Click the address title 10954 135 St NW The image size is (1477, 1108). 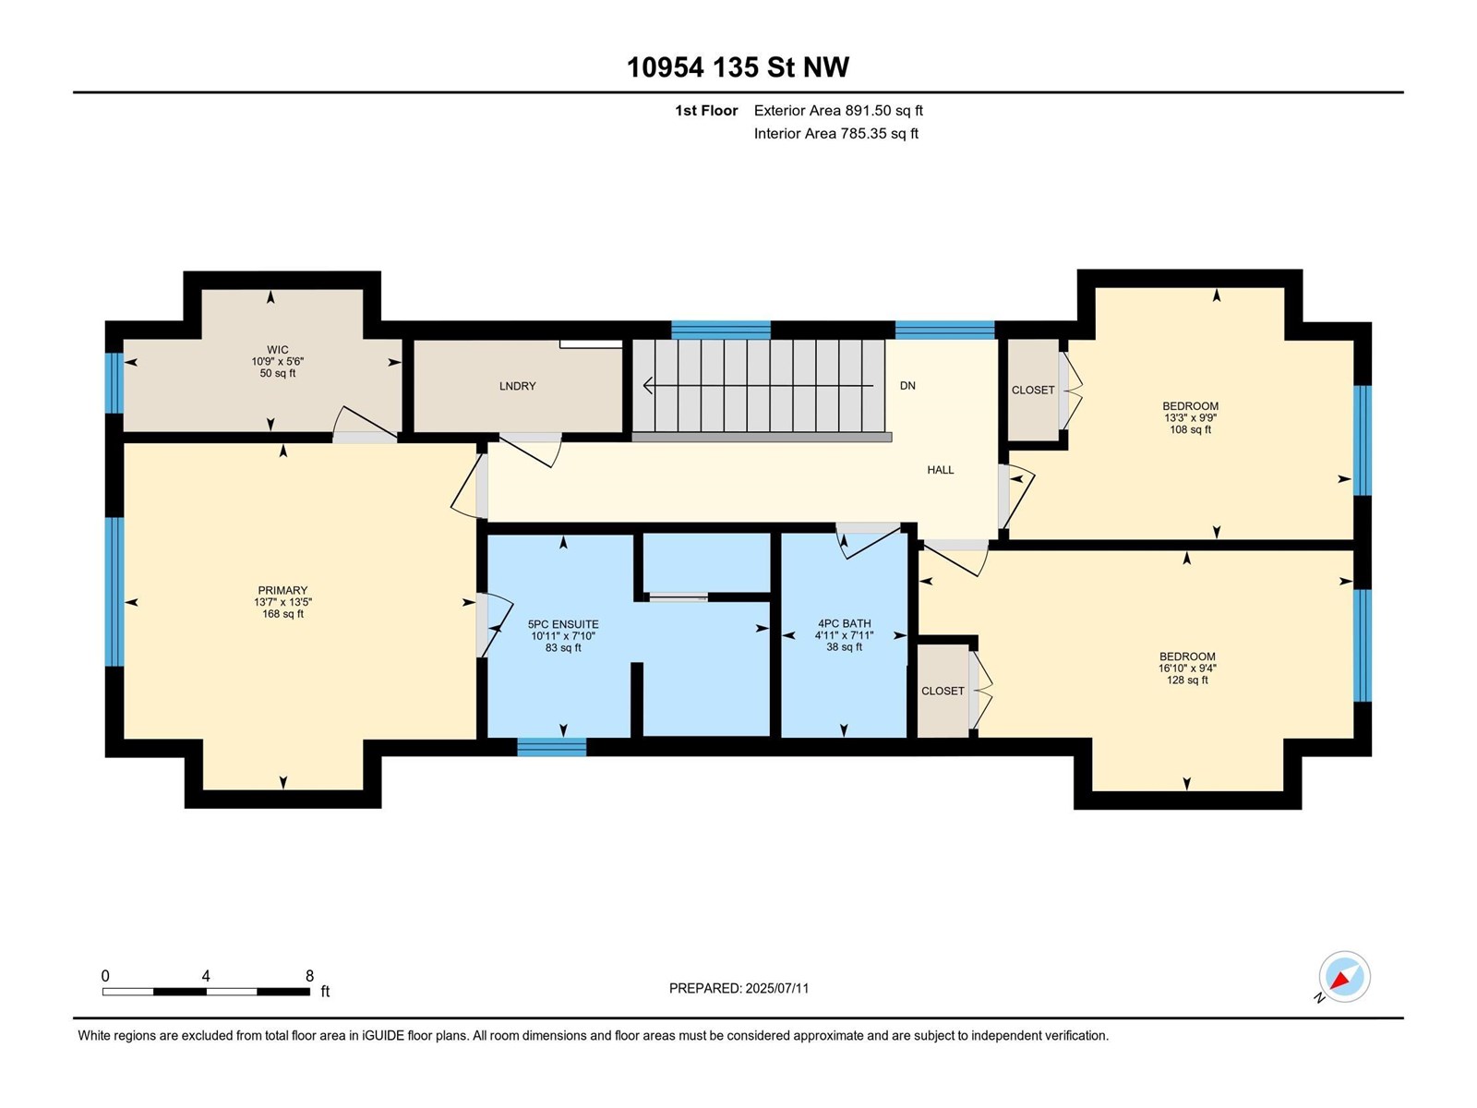coord(738,67)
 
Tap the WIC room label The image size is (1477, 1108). coord(277,350)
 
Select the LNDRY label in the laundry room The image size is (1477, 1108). coord(518,386)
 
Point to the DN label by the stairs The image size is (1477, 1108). coord(907,385)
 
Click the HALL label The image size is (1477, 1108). coord(940,470)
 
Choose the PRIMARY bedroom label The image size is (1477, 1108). coord(282,590)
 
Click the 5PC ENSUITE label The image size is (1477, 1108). coord(563,624)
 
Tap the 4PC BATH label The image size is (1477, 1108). coord(844,623)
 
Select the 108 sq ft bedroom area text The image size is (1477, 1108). coord(1190,429)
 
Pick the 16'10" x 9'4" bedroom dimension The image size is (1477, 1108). coord(1187,668)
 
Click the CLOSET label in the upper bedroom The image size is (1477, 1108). coord(1033,391)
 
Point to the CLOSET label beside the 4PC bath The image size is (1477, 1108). coord(943,691)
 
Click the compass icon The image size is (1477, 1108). coord(1344,977)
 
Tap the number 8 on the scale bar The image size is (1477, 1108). coord(309,975)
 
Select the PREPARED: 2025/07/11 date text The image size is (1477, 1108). coord(738,988)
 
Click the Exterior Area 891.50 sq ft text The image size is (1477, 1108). coord(838,110)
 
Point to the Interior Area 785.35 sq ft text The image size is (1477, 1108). coord(835,133)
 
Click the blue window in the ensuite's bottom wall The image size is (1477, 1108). coord(552,747)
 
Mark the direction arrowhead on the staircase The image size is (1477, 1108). coord(648,385)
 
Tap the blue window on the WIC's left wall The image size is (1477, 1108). coord(114,383)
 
